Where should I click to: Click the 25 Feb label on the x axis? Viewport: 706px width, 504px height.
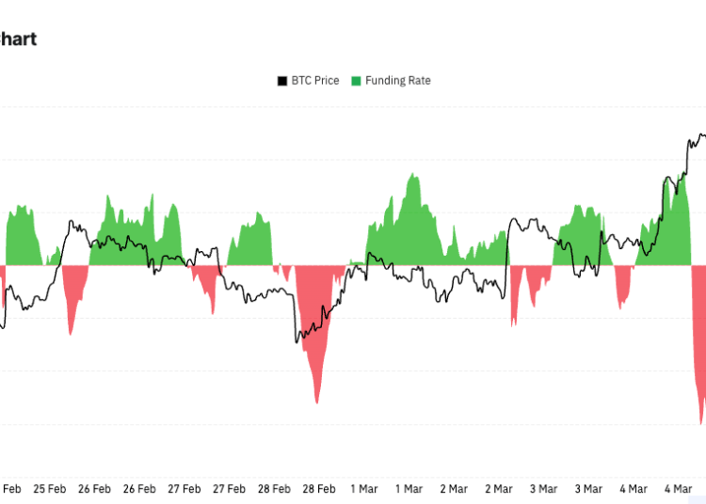50,489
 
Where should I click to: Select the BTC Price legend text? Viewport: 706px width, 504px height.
314,81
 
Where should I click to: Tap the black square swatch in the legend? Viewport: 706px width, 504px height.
281,81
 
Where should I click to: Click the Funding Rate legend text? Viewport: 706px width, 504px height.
398,81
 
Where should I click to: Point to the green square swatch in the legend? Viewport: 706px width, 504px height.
356,81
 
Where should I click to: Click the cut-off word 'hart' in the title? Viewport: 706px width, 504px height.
18,39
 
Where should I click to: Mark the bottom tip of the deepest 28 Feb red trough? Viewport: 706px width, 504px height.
317,402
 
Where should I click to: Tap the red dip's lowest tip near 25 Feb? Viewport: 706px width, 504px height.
70,334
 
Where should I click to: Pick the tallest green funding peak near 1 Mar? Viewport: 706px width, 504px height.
412,176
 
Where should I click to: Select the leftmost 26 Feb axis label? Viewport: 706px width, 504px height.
95,489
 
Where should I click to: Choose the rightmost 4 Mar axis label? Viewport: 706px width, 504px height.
679,489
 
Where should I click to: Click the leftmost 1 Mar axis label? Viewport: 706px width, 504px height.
364,489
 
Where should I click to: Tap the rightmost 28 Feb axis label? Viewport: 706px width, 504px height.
319,489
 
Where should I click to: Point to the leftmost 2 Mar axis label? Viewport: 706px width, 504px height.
454,489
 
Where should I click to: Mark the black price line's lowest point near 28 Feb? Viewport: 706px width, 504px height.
297,341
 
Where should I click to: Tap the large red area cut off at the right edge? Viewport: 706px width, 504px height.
699,357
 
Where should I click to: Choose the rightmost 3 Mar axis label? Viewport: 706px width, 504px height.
588,489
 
